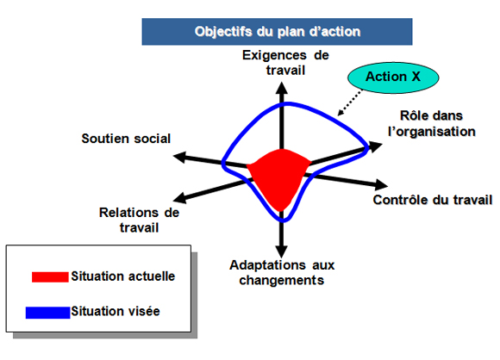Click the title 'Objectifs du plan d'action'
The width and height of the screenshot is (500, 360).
click(278, 32)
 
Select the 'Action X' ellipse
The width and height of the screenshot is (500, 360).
click(393, 78)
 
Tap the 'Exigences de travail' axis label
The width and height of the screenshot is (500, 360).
click(285, 63)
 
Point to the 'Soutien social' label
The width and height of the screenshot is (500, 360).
click(126, 139)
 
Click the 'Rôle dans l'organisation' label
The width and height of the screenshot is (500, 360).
click(431, 124)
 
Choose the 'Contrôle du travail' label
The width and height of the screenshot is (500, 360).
click(433, 200)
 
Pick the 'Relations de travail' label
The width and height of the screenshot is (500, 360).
click(139, 220)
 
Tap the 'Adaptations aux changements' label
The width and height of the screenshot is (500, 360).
click(282, 273)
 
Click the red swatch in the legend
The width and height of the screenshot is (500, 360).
click(50, 276)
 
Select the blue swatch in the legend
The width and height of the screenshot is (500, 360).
click(47, 313)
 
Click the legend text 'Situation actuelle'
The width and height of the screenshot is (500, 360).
click(123, 276)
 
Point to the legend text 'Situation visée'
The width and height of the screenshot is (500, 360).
click(116, 311)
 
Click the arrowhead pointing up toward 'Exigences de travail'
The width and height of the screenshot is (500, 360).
click(282, 88)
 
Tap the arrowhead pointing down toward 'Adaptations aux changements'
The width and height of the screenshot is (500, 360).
click(282, 251)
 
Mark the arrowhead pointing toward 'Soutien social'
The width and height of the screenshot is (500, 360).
click(179, 157)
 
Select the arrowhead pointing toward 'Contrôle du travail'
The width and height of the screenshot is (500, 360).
click(381, 185)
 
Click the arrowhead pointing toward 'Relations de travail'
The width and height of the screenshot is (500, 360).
click(179, 198)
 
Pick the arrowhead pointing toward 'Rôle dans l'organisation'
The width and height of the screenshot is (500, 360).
click(376, 147)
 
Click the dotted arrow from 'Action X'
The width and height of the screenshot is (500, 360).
click(350, 102)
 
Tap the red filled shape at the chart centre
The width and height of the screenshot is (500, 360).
click(278, 177)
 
